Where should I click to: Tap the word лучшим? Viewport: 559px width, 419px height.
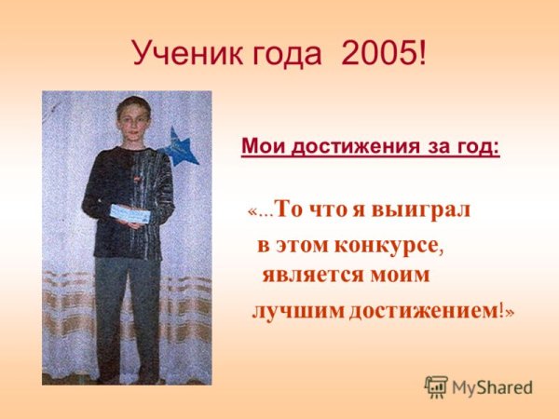(x=297, y=310)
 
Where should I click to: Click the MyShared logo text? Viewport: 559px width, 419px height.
(x=490, y=387)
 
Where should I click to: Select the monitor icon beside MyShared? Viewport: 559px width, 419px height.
(x=436, y=387)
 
